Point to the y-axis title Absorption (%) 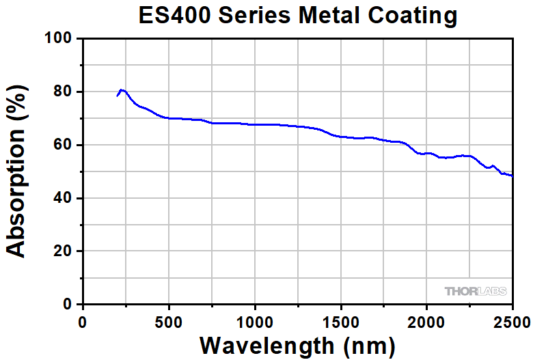coord(16,171)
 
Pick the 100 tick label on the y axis coord(58,39)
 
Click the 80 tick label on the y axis coord(63,92)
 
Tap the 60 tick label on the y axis coord(63,145)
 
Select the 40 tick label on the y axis coord(63,198)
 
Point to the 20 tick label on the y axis coord(63,251)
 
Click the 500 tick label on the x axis coord(169,320)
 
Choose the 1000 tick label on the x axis coord(254,320)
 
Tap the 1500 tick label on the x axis coord(340,320)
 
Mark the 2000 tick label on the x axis coord(426,320)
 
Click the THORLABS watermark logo coord(476,292)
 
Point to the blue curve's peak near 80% coord(121,89)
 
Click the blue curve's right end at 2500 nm coord(512,176)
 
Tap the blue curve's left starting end coord(117,96)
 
